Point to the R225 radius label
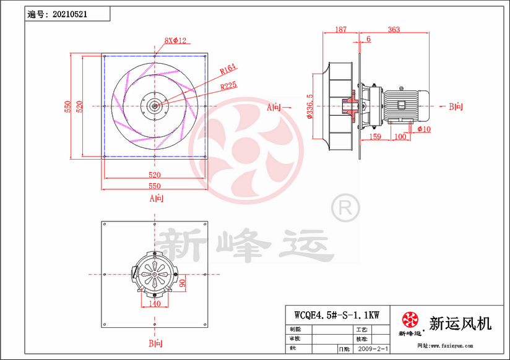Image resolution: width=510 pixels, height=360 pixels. click(x=228, y=87)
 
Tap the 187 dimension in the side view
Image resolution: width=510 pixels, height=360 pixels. click(x=340, y=30)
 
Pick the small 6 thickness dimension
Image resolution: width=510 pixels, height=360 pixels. click(x=369, y=39)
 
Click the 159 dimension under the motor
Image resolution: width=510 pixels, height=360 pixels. click(x=374, y=136)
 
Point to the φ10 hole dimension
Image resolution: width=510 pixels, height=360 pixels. click(x=424, y=129)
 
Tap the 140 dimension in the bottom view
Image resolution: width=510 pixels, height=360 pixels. click(x=155, y=303)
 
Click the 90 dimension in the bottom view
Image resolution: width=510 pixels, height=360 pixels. click(x=183, y=284)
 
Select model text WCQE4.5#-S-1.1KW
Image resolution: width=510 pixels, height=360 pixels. click(x=337, y=314)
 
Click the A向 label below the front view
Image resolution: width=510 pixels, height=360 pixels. click(x=156, y=199)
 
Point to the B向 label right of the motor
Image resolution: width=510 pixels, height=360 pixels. click(x=455, y=107)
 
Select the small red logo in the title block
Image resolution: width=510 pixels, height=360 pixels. click(x=408, y=320)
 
